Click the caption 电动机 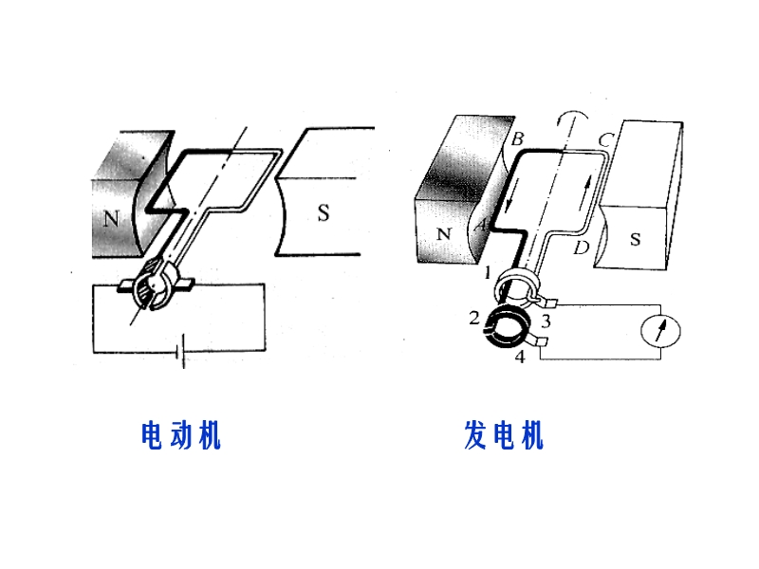(180, 435)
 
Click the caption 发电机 (504, 435)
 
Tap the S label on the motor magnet (324, 213)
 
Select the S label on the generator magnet (635, 239)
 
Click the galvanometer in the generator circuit (660, 330)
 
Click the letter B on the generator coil (517, 139)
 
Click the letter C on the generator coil (603, 140)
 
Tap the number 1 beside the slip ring (487, 273)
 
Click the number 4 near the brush (519, 358)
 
